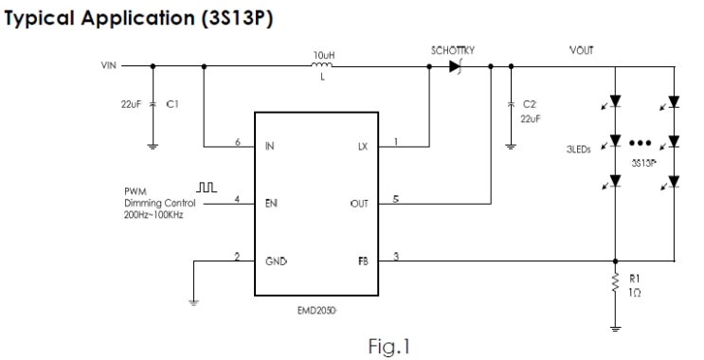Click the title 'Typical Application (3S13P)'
[x=139, y=19]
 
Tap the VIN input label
[x=110, y=66]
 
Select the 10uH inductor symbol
[x=323, y=65]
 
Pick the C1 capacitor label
[x=171, y=105]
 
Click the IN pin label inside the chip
[x=270, y=147]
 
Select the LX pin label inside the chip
[x=362, y=147]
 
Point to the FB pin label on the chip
[x=363, y=258]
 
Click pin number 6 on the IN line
[x=236, y=142]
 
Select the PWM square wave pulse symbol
[x=207, y=189]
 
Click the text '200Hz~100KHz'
[x=154, y=215]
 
